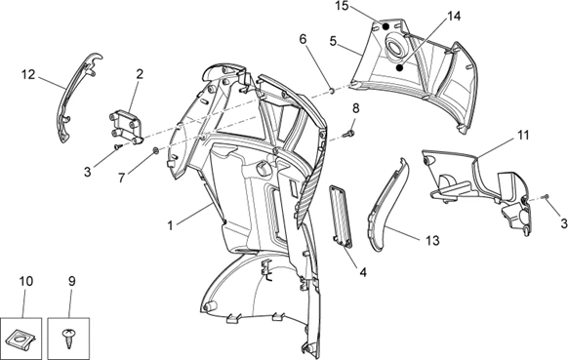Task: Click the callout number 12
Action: (x=28, y=74)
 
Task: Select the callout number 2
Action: (x=140, y=74)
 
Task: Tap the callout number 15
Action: (x=342, y=6)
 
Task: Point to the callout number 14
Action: (x=454, y=17)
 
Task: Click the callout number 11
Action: (x=523, y=135)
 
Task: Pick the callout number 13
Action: (x=432, y=240)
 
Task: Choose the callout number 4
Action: (x=363, y=271)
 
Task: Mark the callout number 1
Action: (x=170, y=225)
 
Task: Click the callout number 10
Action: (x=26, y=281)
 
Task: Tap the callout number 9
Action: (x=71, y=281)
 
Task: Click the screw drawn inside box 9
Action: (x=68, y=338)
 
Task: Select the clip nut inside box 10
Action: (x=21, y=339)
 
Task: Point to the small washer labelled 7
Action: (x=156, y=150)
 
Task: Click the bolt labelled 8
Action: (x=350, y=134)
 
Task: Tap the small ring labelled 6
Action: (x=331, y=90)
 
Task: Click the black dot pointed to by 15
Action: (x=385, y=26)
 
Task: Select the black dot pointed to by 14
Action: (x=399, y=67)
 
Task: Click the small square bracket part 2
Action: (x=126, y=128)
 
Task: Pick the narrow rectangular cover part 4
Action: (x=341, y=217)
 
